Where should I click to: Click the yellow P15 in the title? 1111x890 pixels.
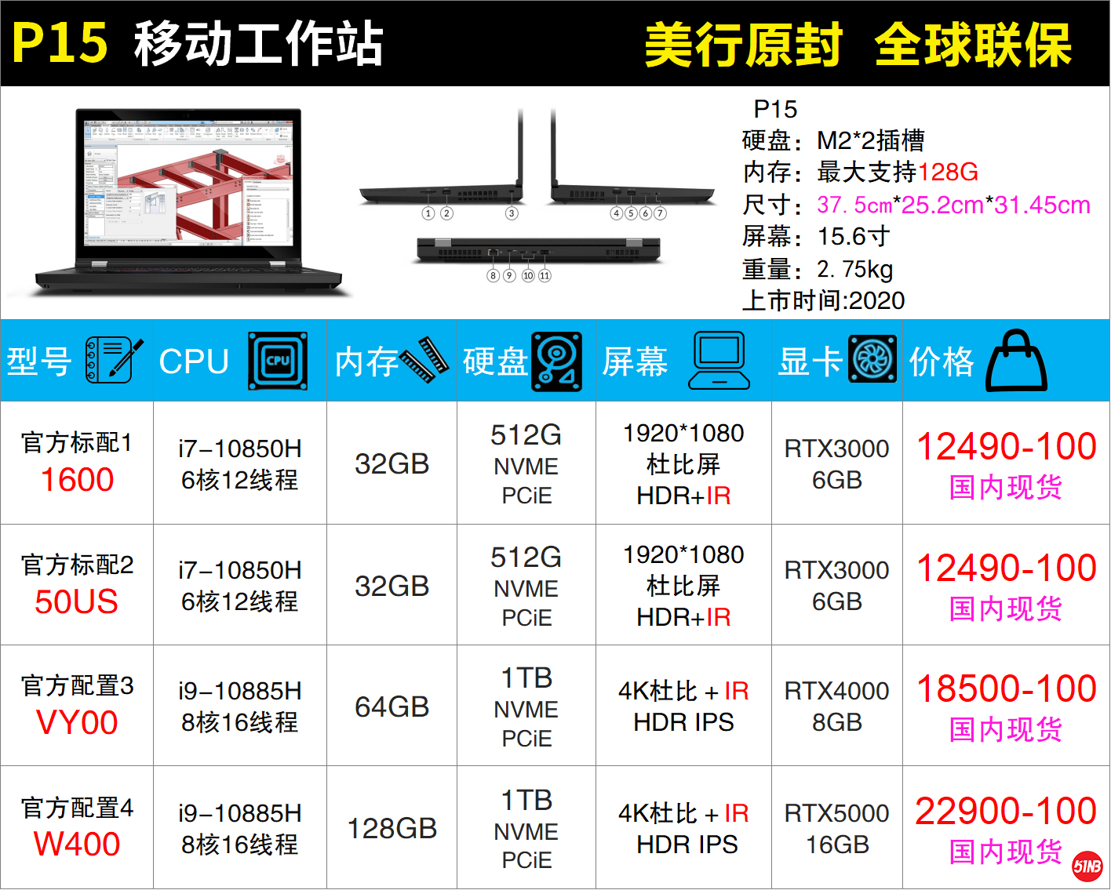pos(60,43)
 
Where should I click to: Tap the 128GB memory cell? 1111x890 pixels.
pos(392,828)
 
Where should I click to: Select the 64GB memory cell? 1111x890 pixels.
pos(392,707)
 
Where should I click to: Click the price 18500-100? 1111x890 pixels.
pos(1006,689)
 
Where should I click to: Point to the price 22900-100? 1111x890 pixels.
pos(1006,811)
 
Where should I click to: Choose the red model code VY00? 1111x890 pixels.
pos(77,722)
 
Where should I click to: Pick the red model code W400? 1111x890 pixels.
pos(77,844)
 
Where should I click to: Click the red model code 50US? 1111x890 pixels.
pos(77,601)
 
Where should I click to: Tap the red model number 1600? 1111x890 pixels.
pos(77,480)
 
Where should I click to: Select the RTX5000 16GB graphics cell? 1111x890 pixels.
pos(836,829)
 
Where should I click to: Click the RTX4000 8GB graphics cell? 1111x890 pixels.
pos(836,707)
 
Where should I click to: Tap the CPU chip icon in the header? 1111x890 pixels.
pos(278,361)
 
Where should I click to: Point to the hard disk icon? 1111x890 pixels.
pos(556,361)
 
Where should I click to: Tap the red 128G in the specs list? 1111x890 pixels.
pos(948,172)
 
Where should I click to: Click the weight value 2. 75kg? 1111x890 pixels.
pos(854,269)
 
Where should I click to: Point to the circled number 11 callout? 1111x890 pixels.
pos(545,276)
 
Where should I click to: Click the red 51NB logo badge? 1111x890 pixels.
pos(1087,866)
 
